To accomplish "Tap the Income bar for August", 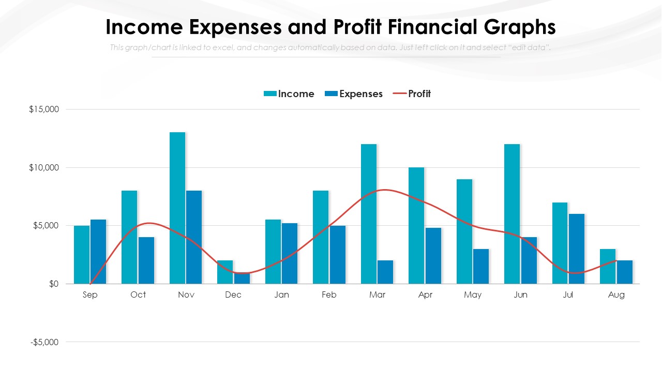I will pos(608,267).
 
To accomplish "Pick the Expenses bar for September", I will pos(98,252).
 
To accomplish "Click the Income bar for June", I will pos(512,214).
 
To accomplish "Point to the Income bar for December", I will pos(225,272).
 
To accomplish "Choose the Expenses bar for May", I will pos(481,267).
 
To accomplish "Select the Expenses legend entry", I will pos(354,94).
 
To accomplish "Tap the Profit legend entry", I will pos(412,94).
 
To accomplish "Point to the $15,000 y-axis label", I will pos(44,110).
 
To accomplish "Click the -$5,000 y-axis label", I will pos(44,342).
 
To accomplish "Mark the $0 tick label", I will pos(54,284).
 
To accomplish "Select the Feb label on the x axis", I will pos(329,295).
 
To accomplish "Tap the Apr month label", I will pos(425,295).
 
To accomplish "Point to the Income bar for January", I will pos(273,252).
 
